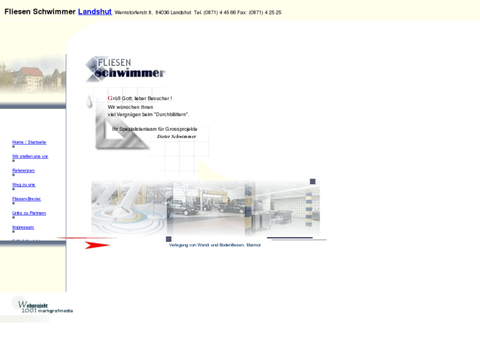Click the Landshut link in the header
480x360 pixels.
click(x=94, y=12)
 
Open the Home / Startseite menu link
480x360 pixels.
click(x=29, y=142)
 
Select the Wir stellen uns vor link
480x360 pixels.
click(x=30, y=157)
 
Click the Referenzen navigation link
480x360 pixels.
click(x=23, y=170)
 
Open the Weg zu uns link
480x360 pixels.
click(x=24, y=185)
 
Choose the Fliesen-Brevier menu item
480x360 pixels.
click(x=26, y=199)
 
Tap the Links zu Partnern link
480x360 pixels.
click(x=29, y=213)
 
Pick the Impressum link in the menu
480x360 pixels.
click(x=23, y=227)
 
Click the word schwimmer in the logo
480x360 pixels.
click(x=130, y=73)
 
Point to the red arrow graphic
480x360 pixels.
click(x=96, y=244)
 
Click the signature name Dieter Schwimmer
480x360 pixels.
click(x=176, y=137)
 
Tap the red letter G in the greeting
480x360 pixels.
click(x=110, y=98)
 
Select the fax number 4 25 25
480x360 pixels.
click(x=273, y=13)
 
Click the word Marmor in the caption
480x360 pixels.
click(x=254, y=245)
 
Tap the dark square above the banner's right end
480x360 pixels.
click(x=313, y=182)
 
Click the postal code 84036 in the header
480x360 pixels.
click(x=162, y=13)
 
